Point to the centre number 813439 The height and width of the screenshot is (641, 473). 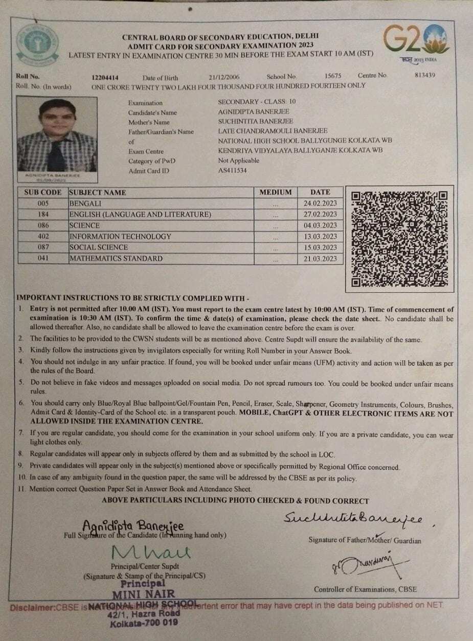tap(424, 75)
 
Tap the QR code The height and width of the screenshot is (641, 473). tap(399, 239)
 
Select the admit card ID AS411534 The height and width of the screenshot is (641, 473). tap(232, 170)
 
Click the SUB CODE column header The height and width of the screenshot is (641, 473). tap(43, 193)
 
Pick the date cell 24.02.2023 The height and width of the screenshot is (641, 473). tap(320, 203)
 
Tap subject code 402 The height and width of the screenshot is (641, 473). tap(43, 236)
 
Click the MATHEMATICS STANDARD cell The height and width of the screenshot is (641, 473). tap(116, 259)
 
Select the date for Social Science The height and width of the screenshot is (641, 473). tap(320, 247)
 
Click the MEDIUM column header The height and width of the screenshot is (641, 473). tap(276, 192)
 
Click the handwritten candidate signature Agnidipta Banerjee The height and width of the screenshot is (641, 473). tap(133, 526)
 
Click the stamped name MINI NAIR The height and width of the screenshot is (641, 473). tap(144, 594)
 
